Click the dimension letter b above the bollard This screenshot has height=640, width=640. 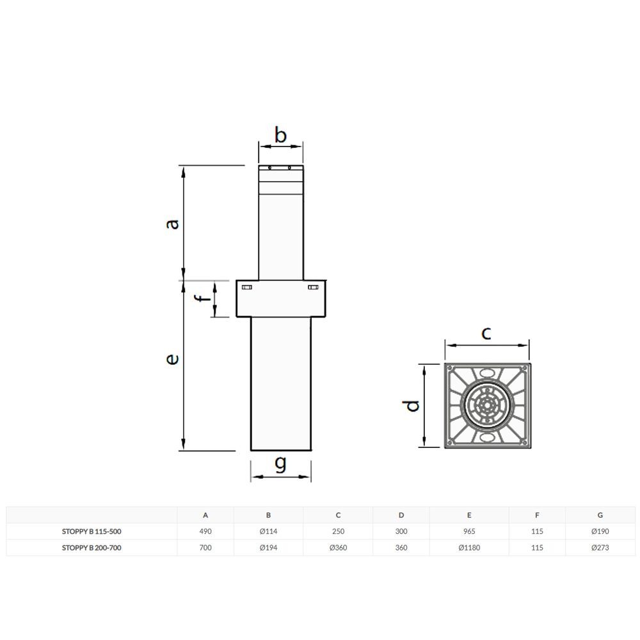click(280, 135)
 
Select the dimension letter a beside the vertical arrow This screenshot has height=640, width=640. click(173, 224)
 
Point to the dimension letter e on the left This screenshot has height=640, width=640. click(173, 359)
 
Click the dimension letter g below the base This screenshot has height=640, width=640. click(280, 463)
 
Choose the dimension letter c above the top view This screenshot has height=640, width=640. click(486, 333)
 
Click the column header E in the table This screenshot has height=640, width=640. click(469, 515)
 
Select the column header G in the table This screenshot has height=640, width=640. click(600, 515)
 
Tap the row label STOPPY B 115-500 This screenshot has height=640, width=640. click(92, 531)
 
